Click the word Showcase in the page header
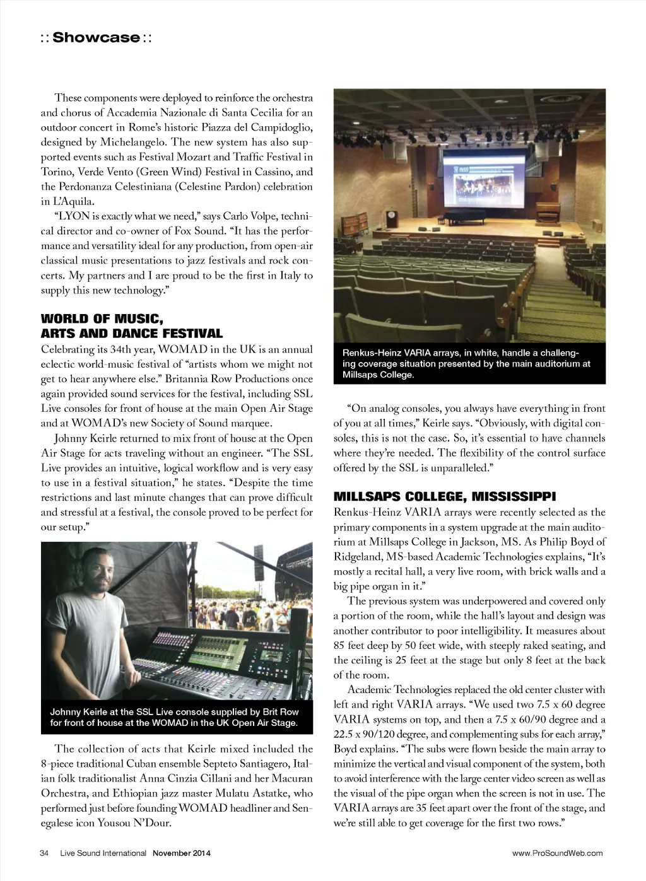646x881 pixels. pyautogui.click(x=96, y=38)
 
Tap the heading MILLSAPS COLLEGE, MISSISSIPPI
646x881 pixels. pyautogui.click(x=445, y=497)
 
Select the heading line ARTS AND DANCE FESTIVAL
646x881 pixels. pyautogui.click(x=132, y=334)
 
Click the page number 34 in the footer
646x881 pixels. pyautogui.click(x=44, y=853)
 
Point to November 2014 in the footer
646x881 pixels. pyautogui.click(x=182, y=853)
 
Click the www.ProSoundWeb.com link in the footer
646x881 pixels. pyautogui.click(x=557, y=853)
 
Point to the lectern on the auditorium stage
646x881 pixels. pyautogui.click(x=392, y=218)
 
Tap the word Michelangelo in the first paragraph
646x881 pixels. pyautogui.click(x=132, y=143)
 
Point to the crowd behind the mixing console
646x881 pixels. pyautogui.click(x=214, y=609)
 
